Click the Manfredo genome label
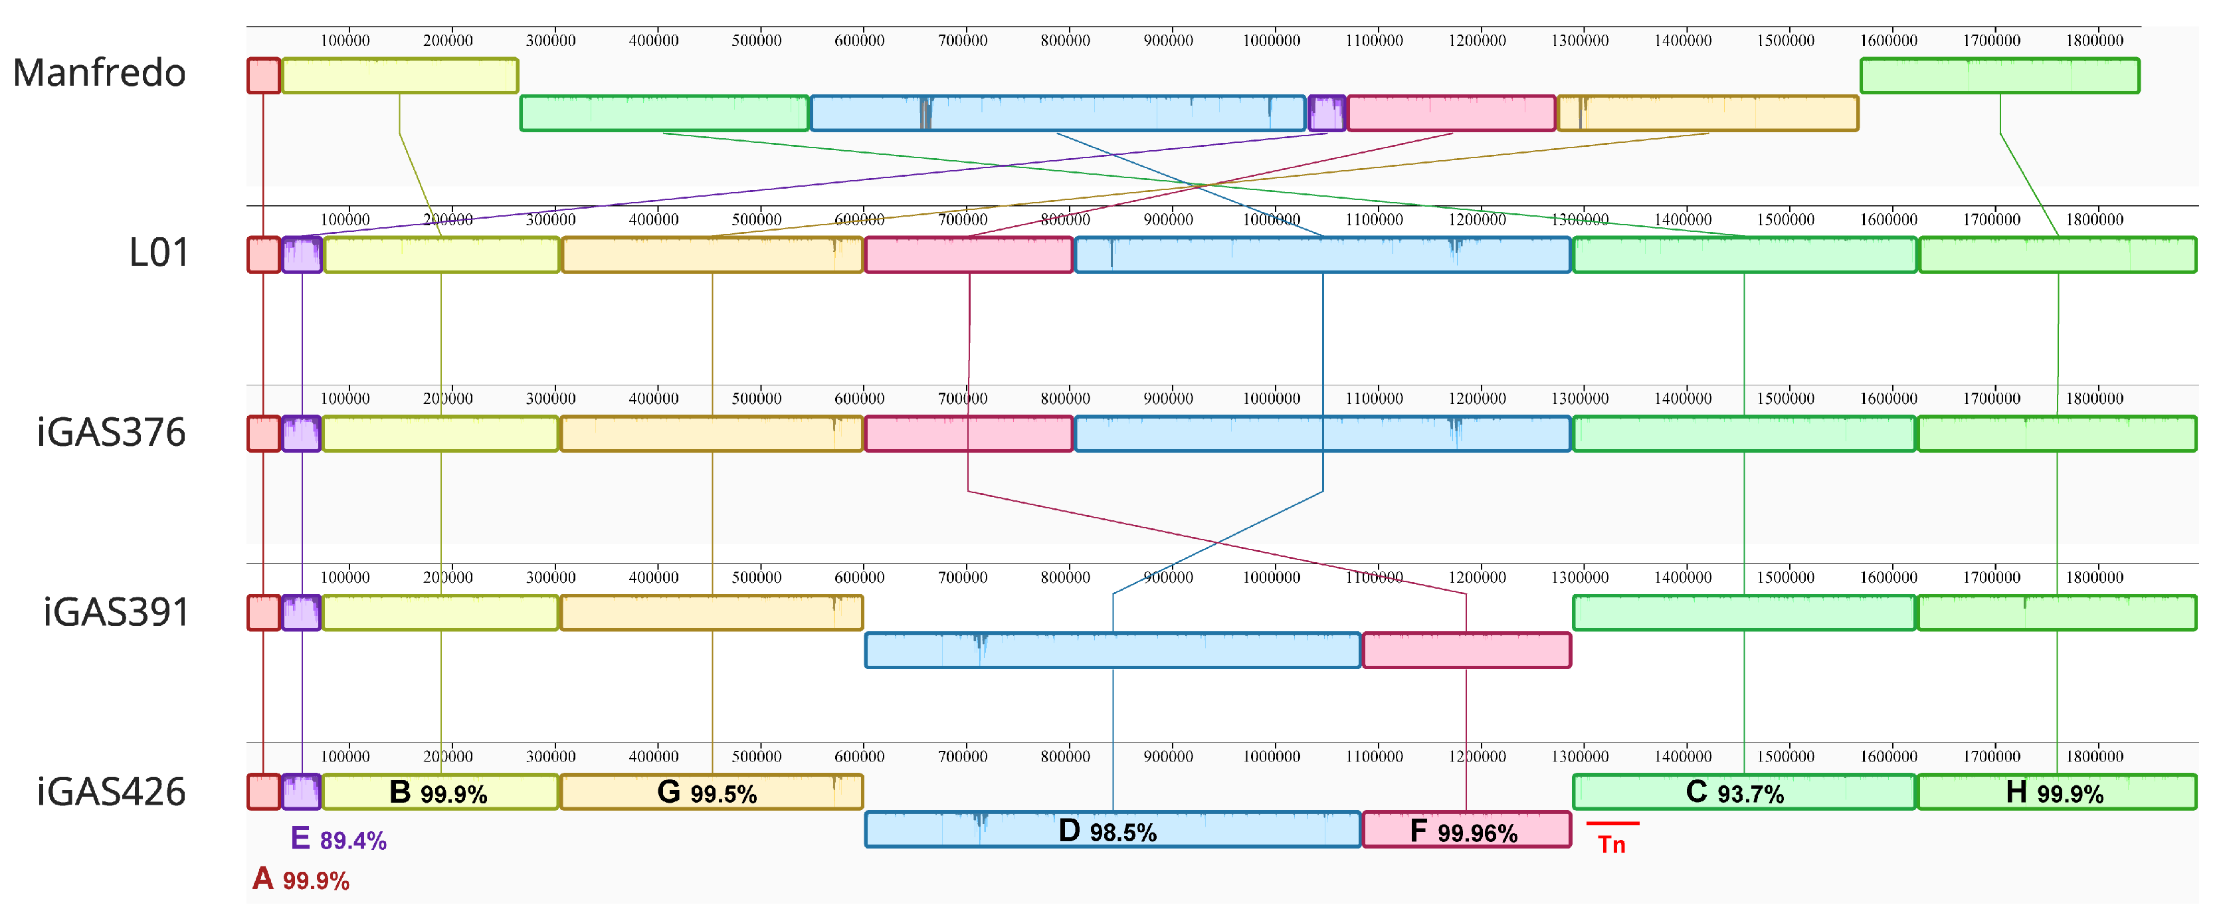coord(99,72)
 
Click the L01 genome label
coord(159,253)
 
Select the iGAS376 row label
coord(112,433)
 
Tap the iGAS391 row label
coord(116,612)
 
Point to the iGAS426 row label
coord(112,791)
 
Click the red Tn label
coord(1611,845)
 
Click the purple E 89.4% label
coord(338,839)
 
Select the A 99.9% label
coord(300,880)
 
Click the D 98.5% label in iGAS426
coord(1108,831)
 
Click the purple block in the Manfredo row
coord(1326,113)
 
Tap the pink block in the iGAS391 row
coord(1466,650)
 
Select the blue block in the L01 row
coord(1322,254)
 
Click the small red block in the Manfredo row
coord(264,76)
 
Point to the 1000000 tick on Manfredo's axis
coord(1271,41)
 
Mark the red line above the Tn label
coord(1612,823)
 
